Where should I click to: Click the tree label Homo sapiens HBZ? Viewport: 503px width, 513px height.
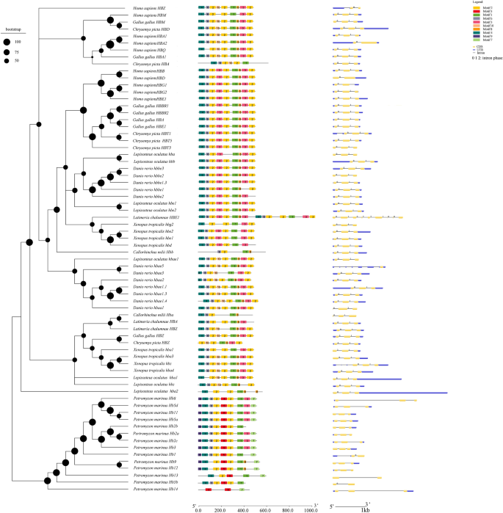(x=150, y=8)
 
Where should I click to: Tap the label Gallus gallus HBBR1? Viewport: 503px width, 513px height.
(x=151, y=106)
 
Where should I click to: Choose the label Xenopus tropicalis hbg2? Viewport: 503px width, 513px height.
(x=151, y=224)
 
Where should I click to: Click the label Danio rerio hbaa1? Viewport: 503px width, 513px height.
(x=149, y=308)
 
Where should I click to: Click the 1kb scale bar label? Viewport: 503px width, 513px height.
(x=365, y=509)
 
